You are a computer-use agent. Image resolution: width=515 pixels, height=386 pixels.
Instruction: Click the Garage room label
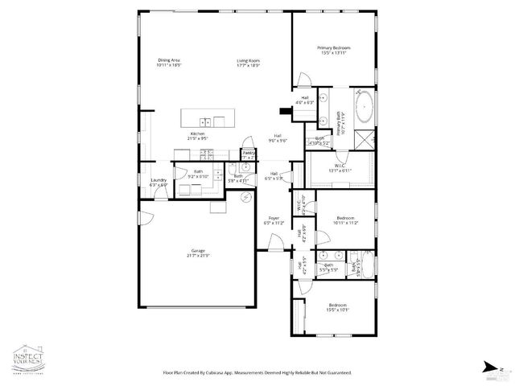point(198,253)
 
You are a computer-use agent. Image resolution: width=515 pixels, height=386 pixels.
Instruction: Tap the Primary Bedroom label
point(334,51)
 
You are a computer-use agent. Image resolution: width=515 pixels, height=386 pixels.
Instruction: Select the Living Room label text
point(248,63)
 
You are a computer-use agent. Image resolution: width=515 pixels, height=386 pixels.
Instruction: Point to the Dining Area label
point(169,63)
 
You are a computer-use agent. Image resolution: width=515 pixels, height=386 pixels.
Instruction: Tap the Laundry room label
point(158,183)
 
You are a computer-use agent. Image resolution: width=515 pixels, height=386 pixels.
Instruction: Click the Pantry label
point(249,151)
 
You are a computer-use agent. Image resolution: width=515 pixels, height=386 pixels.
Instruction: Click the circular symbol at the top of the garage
point(249,197)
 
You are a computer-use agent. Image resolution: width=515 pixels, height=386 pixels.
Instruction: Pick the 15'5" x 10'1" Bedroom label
point(338,308)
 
